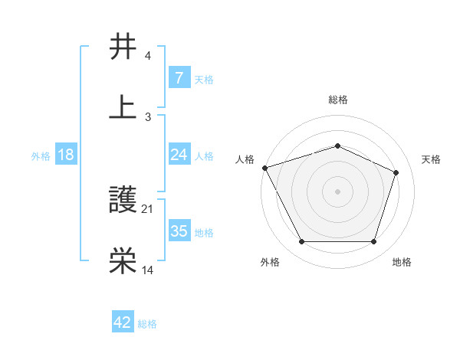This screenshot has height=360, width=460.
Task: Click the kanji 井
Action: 124,47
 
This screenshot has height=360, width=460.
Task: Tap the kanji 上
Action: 124,106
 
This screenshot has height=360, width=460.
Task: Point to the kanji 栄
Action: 124,261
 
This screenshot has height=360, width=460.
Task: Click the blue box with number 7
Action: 179,78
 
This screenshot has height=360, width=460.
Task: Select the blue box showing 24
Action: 179,155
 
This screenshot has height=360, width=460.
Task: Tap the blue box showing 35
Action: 179,232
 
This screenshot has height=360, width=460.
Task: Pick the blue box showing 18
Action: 66,155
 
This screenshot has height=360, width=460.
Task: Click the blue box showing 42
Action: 123,322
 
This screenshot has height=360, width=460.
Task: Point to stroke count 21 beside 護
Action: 147,208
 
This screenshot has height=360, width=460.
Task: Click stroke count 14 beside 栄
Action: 147,269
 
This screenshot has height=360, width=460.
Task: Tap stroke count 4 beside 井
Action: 148,56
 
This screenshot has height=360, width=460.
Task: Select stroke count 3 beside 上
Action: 148,116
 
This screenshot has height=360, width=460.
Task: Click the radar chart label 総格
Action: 338,100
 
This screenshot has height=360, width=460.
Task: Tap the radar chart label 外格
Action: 269,262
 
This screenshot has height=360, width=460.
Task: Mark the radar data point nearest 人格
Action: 264,168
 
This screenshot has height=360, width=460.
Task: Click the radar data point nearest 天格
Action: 396,172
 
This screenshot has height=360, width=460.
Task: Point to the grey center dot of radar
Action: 337,191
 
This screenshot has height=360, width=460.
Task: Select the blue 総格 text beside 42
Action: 147,324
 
